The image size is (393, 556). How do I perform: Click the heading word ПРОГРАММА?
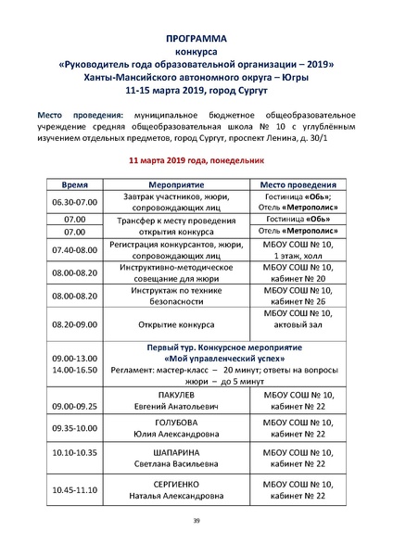[196, 41]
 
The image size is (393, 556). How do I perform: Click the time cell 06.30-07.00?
[73, 203]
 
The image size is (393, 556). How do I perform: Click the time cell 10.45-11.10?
[75, 488]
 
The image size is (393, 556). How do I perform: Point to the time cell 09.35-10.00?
[75, 429]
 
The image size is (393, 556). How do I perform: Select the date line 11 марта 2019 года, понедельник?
[196, 160]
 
